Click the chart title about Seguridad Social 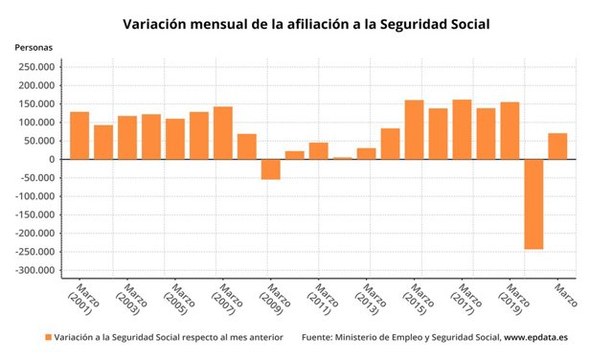[x=306, y=22]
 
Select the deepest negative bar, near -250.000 [x=534, y=204]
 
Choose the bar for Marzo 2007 [x=223, y=133]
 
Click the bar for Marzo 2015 [x=414, y=129]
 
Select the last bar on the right [x=557, y=146]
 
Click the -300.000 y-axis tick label [x=33, y=271]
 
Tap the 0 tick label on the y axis [x=53, y=160]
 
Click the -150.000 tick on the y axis [x=33, y=215]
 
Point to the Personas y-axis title [x=34, y=47]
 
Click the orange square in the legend [x=48, y=338]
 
